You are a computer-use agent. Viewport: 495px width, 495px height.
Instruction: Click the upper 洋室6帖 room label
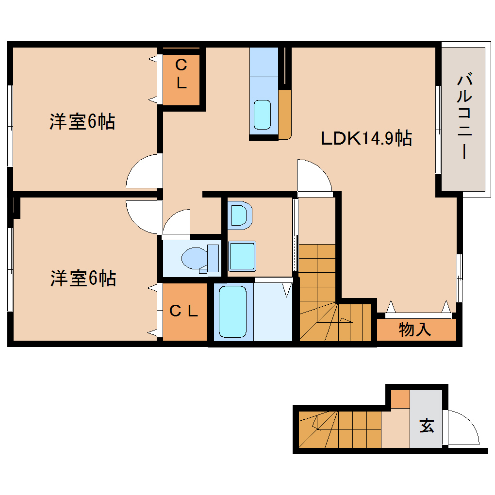[82, 122]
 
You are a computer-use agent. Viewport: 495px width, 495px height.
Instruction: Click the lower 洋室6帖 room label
[83, 279]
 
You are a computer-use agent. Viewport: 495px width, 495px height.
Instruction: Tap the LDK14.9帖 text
[366, 139]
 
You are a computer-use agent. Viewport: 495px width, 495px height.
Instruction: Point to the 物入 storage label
[415, 330]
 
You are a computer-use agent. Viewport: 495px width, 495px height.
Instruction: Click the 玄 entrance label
[426, 426]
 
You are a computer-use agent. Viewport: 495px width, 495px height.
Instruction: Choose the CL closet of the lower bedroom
[184, 312]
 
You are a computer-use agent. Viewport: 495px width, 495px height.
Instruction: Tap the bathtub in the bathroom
[232, 311]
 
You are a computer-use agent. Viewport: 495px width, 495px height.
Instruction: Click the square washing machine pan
[242, 256]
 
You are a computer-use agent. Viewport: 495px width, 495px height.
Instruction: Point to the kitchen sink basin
[263, 115]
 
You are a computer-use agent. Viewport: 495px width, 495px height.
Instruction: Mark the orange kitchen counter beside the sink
[284, 114]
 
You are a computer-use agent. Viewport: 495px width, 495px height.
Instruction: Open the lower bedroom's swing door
[143, 216]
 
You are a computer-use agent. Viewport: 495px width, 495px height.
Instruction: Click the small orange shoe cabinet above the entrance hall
[400, 399]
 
